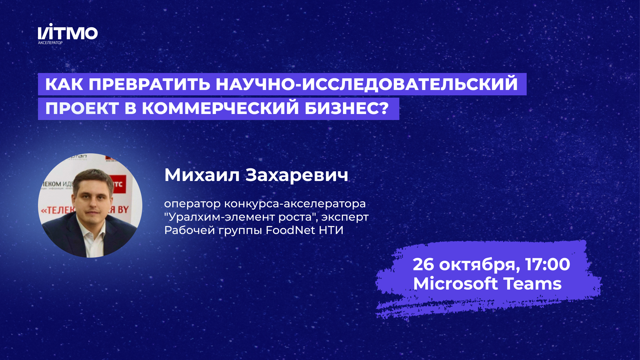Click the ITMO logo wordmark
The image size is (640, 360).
click(68, 33)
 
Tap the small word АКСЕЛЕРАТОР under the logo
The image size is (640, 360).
click(50, 43)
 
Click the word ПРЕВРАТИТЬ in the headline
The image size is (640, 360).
click(149, 84)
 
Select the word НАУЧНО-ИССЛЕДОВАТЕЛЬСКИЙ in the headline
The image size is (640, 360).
click(367, 84)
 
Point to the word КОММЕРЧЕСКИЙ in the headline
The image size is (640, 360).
click(220, 109)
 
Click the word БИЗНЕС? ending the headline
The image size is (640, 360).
click(347, 109)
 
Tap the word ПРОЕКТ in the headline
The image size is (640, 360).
click(82, 109)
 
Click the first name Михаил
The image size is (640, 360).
click(202, 175)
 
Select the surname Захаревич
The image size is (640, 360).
click(297, 175)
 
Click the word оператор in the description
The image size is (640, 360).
click(192, 204)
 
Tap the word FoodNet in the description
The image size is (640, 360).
click(290, 230)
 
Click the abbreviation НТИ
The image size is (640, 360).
click(331, 230)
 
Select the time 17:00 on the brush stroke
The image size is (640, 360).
click(547, 264)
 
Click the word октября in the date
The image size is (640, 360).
click(479, 265)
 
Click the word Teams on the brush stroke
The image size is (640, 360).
click(532, 284)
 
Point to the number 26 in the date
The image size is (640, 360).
click(423, 264)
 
